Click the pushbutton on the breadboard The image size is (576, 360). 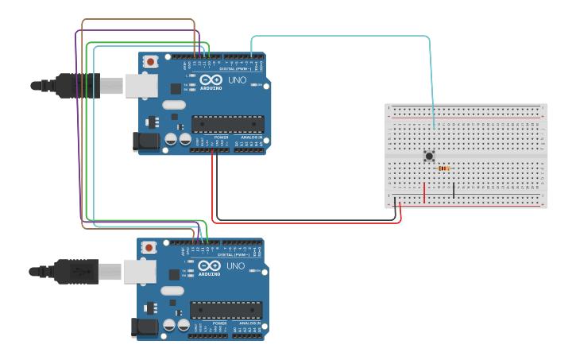[430, 156]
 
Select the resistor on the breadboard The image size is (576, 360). [443, 168]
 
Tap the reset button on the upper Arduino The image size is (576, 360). [150, 62]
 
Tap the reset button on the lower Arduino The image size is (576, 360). [149, 248]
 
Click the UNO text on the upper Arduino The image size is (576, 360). [237, 80]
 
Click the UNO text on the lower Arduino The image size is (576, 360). [235, 266]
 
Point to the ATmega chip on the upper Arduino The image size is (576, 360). [227, 124]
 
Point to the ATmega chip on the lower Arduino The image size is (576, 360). [226, 309]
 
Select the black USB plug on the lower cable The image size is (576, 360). [76, 271]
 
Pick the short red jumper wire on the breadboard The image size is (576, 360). [424, 192]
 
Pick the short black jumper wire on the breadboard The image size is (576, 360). [454, 190]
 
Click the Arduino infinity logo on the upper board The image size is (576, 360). [211, 80]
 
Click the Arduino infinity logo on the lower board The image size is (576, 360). [209, 266]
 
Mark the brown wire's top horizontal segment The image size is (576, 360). [138, 20]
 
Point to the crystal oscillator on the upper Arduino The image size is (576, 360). [172, 105]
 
